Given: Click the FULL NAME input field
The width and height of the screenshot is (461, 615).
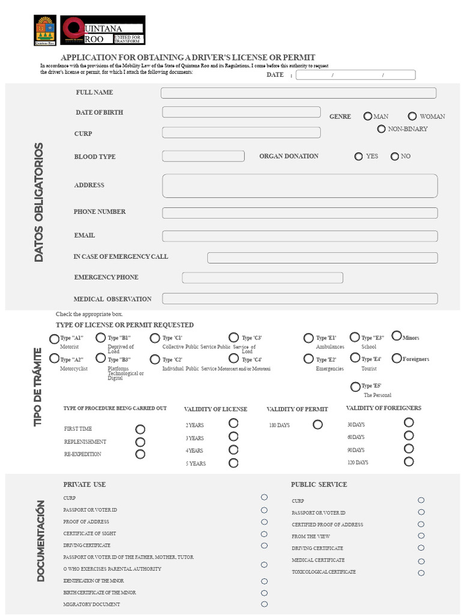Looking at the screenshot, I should pos(298,93).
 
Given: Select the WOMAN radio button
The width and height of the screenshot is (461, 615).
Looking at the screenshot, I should pos(412,117).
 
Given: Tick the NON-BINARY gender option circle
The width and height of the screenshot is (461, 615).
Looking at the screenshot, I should pos(381,129).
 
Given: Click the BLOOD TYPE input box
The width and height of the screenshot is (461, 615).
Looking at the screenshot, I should pos(203,156).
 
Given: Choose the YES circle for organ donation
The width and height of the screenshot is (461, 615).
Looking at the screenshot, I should pos(358,157).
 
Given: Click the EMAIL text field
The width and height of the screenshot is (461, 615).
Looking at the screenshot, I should pos(300,236).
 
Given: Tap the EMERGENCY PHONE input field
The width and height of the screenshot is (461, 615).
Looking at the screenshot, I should pos(262,277).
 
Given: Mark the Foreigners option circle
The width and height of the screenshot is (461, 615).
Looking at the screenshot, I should pos(397,359).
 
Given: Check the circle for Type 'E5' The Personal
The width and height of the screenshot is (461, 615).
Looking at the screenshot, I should pos(355,386).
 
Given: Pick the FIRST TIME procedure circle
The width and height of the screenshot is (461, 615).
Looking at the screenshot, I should pos(140,429).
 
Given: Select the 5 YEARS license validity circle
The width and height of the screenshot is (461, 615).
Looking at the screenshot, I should pos(233,463).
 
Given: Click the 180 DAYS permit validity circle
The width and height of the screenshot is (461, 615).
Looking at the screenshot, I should pos(318,425).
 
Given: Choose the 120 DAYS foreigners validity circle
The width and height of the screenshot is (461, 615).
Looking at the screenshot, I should pos(409,462).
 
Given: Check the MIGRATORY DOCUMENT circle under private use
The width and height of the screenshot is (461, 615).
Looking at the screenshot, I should pos(264,604).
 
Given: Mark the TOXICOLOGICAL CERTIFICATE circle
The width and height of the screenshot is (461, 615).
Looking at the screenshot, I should pos(421,573).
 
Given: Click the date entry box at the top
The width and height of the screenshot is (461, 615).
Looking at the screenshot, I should pos(355,75).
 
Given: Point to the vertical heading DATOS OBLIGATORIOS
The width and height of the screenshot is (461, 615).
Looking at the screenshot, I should pos(39,202).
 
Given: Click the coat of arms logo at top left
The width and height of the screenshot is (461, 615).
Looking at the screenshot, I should pos(45,31).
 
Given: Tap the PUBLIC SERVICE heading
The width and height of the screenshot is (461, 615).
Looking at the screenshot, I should pos(319,485).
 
